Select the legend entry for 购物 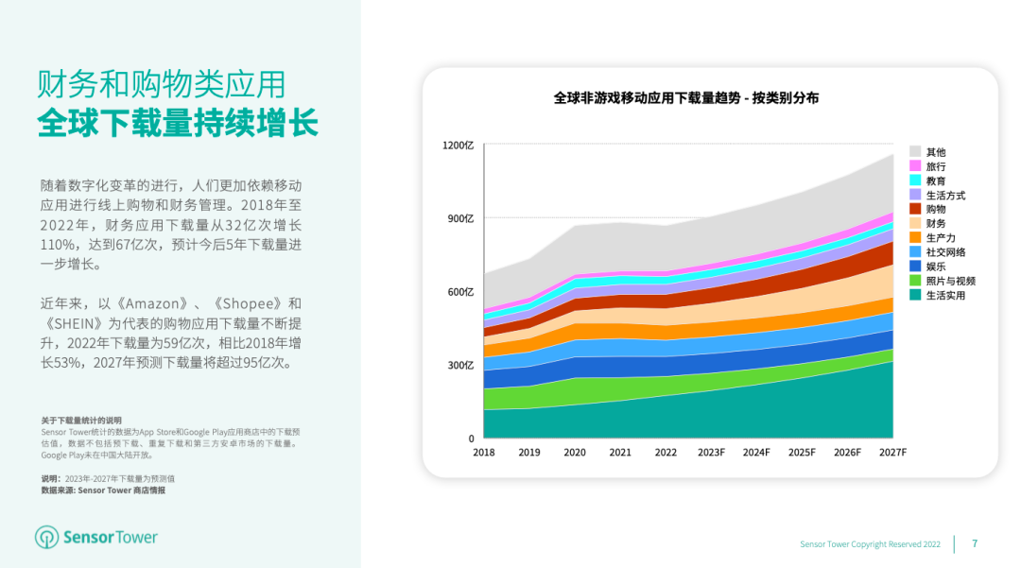click(936, 209)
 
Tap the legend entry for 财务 click(936, 224)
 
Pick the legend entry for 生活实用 click(945, 295)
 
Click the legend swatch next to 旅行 click(915, 166)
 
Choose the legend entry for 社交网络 click(945, 252)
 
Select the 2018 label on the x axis click(483, 453)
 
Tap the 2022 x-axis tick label click(666, 453)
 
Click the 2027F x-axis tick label click(892, 453)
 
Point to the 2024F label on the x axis click(756, 453)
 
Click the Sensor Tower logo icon click(46, 538)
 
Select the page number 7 click(975, 543)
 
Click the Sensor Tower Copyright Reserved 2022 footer click(870, 544)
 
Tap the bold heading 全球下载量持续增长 click(178, 124)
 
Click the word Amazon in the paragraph click(152, 303)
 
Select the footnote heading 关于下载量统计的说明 click(81, 420)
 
